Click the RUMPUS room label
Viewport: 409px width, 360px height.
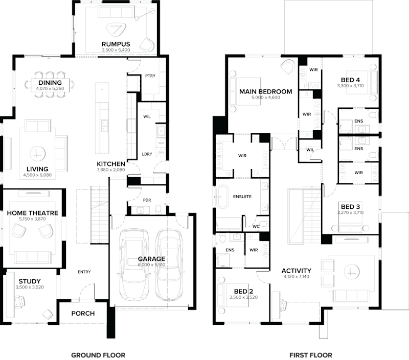point(116,44)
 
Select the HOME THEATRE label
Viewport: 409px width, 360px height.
point(32,213)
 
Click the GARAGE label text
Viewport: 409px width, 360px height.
point(151,259)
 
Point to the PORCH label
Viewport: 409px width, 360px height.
point(83,313)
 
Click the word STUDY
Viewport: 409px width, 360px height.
point(30,281)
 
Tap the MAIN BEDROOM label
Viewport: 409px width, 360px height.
point(266,92)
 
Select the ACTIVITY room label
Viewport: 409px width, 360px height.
point(297,271)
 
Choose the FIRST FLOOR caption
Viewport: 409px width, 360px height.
point(311,354)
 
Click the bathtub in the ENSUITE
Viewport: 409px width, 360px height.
point(223,197)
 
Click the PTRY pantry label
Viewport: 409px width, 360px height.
point(150,75)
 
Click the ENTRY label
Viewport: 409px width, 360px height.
point(84,272)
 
